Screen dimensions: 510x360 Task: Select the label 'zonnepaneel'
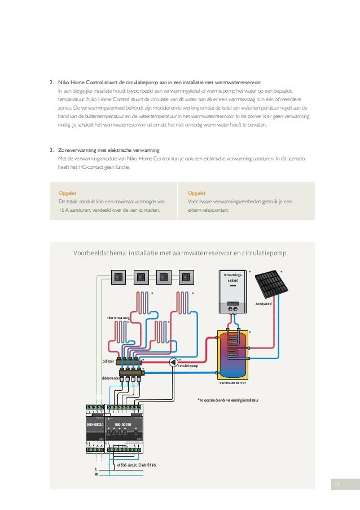pyautogui.click(x=264, y=303)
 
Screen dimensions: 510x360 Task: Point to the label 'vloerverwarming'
pyautogui.click(x=118, y=319)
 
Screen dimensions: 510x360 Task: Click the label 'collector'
pyautogui.click(x=108, y=360)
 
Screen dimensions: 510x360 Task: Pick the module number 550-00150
pyautogui.click(x=123, y=423)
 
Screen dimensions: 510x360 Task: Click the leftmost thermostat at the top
pyautogui.click(x=118, y=277)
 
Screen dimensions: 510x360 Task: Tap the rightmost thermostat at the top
pyautogui.click(x=186, y=277)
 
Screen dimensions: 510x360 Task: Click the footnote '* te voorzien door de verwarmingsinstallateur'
pyautogui.click(x=227, y=399)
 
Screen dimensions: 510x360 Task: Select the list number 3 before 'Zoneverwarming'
pyautogui.click(x=51, y=150)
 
